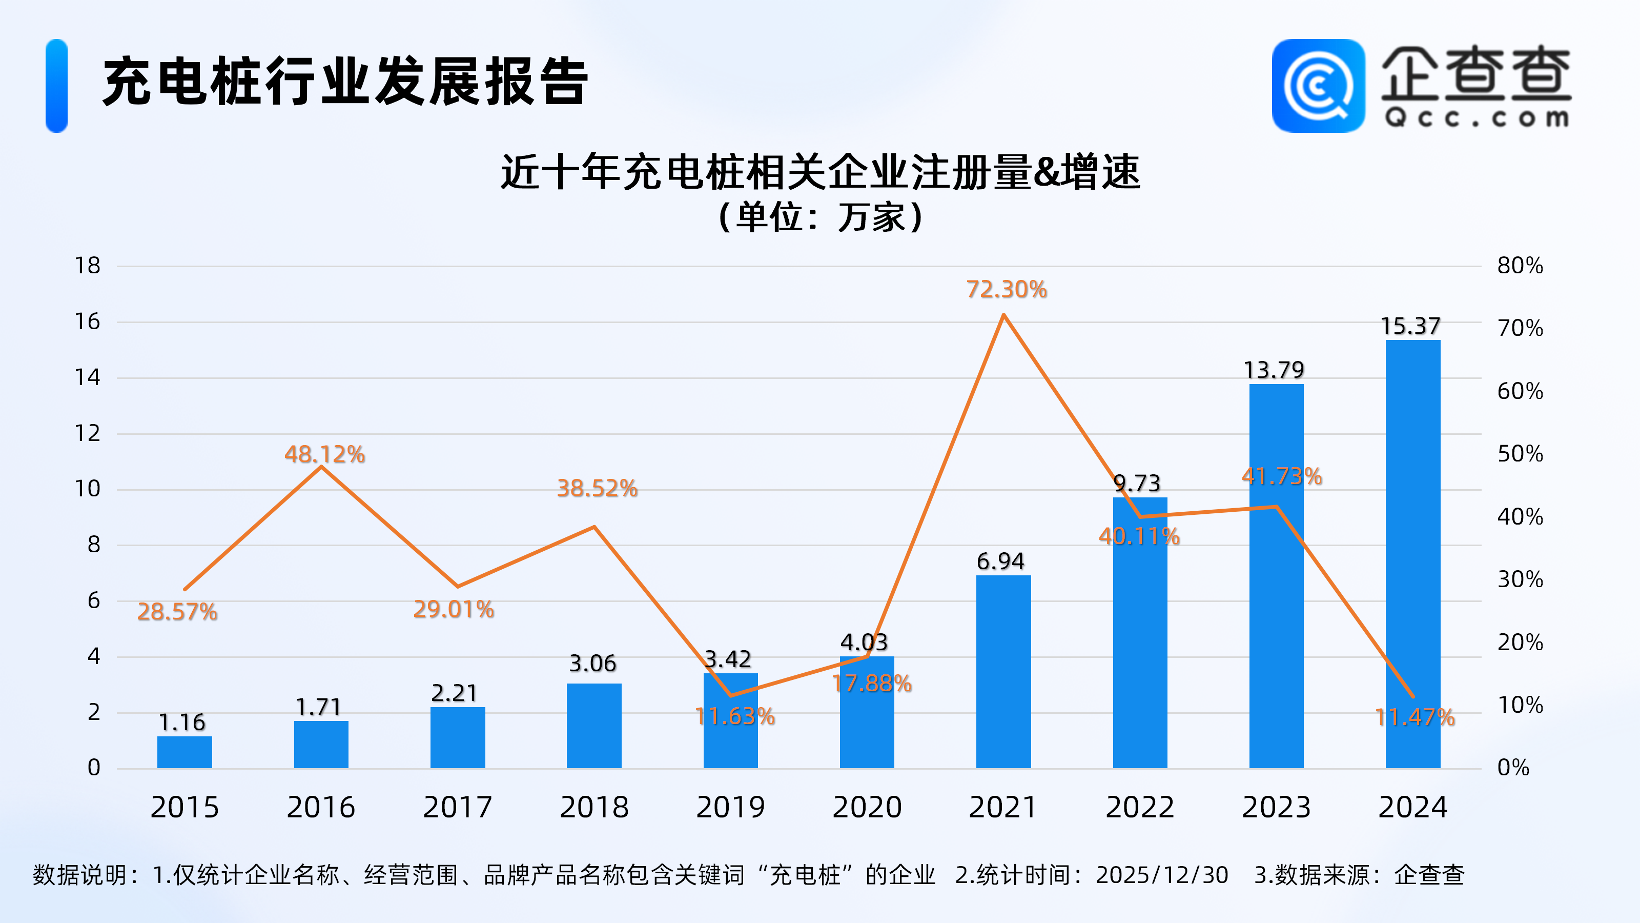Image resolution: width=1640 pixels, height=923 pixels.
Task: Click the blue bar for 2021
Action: (x=1003, y=672)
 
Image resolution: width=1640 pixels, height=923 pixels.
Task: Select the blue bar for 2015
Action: (x=184, y=752)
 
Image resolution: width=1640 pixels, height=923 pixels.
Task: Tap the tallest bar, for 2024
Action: (x=1413, y=554)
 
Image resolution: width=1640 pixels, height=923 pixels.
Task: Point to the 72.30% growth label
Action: (x=1007, y=290)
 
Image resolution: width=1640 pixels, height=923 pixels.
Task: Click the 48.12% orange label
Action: (x=325, y=455)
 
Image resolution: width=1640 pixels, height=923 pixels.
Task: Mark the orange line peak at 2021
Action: (x=1003, y=315)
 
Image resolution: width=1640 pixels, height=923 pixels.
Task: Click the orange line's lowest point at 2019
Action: (x=731, y=695)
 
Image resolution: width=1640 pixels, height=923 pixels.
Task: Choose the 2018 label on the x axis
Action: (x=594, y=808)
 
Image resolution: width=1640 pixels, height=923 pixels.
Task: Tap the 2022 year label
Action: (x=1140, y=808)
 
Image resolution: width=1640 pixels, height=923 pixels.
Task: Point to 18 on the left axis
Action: (x=88, y=266)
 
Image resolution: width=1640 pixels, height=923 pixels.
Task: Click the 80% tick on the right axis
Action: (x=1520, y=266)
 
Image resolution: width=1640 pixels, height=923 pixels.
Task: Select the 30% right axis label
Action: (x=1520, y=579)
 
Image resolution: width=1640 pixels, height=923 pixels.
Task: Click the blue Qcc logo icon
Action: (x=1318, y=86)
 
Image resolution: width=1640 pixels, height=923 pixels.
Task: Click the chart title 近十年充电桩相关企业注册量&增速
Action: (x=820, y=172)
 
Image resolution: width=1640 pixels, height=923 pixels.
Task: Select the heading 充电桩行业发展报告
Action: (x=345, y=82)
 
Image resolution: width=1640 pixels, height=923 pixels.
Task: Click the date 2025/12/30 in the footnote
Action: (x=1162, y=875)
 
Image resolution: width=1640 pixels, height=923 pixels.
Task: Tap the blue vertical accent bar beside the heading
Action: (x=57, y=86)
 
